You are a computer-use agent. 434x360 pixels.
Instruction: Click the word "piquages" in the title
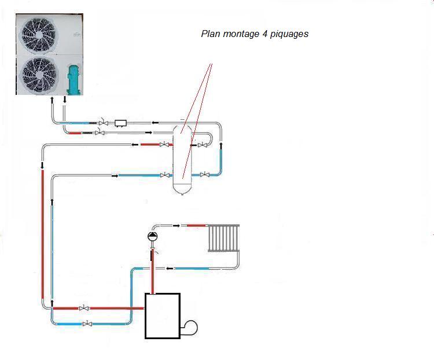pyautogui.click(x=287, y=34)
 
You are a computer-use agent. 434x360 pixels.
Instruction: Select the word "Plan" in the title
pyautogui.click(x=210, y=34)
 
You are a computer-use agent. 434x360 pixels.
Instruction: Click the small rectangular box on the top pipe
pyautogui.click(x=121, y=123)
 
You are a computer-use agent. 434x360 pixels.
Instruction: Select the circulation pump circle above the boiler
pyautogui.click(x=152, y=236)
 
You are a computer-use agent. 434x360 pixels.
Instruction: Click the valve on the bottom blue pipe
pyautogui.click(x=87, y=324)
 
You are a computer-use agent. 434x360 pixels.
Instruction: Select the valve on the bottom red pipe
pyautogui.click(x=84, y=308)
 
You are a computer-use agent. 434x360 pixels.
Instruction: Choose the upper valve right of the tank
pyautogui.click(x=200, y=145)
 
